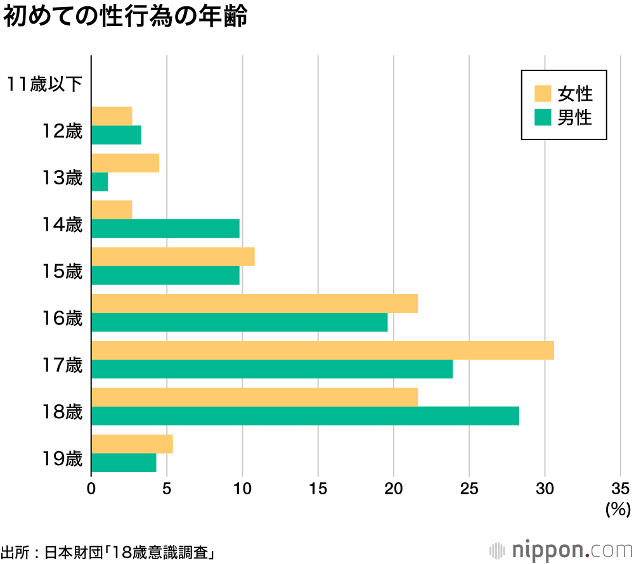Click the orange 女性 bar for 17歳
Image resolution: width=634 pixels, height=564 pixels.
click(323, 350)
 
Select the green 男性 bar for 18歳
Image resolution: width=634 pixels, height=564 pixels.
click(305, 416)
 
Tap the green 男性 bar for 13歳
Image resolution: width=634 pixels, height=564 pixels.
click(100, 182)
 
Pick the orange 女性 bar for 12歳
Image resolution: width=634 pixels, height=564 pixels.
click(112, 117)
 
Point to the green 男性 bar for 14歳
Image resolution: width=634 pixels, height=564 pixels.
click(165, 228)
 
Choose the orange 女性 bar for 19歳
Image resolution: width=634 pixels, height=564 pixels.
click(132, 444)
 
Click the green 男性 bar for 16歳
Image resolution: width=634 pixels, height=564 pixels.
click(239, 322)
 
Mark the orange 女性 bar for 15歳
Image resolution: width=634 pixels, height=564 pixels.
click(173, 257)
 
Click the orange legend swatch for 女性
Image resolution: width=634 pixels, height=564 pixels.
click(543, 93)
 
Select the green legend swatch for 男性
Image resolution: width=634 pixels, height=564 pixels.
click(543, 117)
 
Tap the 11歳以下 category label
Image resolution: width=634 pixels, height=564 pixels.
click(45, 84)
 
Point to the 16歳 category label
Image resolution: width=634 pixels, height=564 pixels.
click(63, 318)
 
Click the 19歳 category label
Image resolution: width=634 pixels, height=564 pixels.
click(63, 458)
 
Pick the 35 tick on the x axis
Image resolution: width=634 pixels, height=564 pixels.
click(621, 489)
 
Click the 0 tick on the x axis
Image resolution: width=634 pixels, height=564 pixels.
click(91, 489)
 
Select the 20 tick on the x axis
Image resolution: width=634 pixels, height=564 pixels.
click(394, 489)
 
